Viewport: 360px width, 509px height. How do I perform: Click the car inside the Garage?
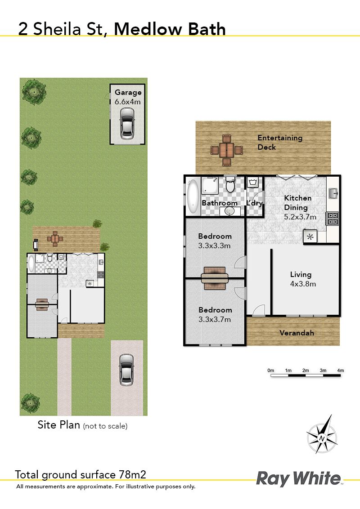pyautogui.click(x=127, y=123)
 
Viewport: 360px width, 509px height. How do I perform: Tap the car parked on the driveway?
pyautogui.click(x=126, y=370)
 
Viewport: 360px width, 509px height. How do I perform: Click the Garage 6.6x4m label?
pyautogui.click(x=128, y=97)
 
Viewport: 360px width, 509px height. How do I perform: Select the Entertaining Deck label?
pyautogui.click(x=280, y=142)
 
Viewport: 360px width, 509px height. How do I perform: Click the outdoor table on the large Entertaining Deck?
pyautogui.click(x=226, y=150)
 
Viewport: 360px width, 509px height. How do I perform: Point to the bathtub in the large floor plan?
pyautogui.click(x=193, y=196)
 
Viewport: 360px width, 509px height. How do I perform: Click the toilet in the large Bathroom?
pyautogui.click(x=230, y=184)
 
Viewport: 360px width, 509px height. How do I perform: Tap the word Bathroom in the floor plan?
pyautogui.click(x=220, y=203)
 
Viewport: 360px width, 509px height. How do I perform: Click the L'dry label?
pyautogui.click(x=254, y=203)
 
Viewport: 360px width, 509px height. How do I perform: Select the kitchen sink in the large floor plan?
pyautogui.click(x=333, y=193)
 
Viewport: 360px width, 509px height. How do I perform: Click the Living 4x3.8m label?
pyautogui.click(x=303, y=279)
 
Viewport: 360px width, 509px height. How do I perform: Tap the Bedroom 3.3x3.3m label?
pyautogui.click(x=215, y=241)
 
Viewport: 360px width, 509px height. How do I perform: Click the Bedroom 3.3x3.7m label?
pyautogui.click(x=215, y=315)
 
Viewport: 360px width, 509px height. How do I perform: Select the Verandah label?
pyautogui.click(x=297, y=333)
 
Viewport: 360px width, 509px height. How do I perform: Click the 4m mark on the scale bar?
pyautogui.click(x=340, y=371)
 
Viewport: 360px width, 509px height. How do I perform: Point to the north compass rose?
pyautogui.click(x=322, y=435)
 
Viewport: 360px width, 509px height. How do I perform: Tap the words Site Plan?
pyautogui.click(x=59, y=425)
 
